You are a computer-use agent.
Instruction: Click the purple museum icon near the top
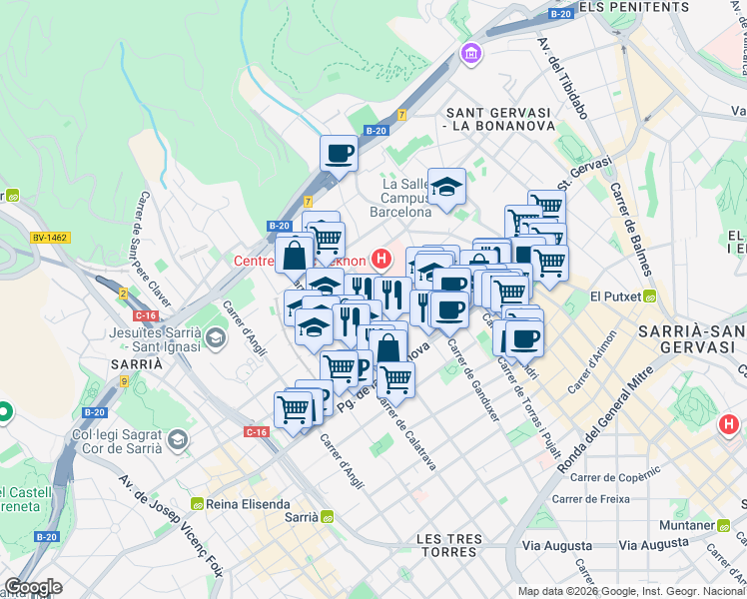469,52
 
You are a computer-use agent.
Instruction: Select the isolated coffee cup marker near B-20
339,154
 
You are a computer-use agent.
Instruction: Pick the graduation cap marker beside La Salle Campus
446,186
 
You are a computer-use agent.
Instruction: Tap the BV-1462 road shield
49,238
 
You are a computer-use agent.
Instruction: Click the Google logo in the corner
33,587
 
